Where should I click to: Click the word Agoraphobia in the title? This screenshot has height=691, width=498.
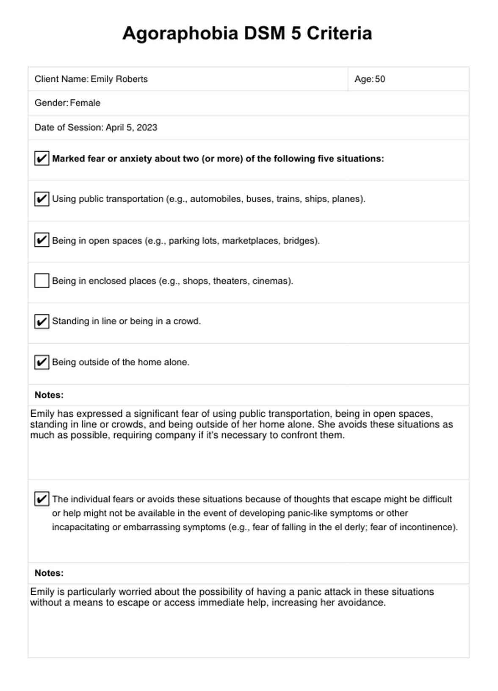pos(180,33)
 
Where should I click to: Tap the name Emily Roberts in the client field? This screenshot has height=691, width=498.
pos(119,79)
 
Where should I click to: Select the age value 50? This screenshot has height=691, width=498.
pos(380,79)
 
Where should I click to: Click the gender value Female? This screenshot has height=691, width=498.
pos(85,103)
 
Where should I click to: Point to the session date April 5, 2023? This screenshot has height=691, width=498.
pos(131,128)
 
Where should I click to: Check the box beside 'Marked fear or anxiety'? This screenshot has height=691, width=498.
pos(41,159)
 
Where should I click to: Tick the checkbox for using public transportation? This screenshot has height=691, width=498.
pos(41,199)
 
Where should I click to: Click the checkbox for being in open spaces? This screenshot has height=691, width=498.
pos(41,240)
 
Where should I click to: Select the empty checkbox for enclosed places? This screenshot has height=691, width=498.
pos(41,281)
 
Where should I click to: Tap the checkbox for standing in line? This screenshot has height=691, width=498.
pos(41,321)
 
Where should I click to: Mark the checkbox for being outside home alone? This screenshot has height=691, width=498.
pos(41,362)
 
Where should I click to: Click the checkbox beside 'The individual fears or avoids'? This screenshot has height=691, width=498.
pos(41,499)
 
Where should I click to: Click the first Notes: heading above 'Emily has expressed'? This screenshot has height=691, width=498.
pos(49,395)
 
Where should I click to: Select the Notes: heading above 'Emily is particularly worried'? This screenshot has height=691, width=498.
pos(49,573)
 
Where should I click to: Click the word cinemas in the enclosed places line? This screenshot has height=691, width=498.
pos(271,281)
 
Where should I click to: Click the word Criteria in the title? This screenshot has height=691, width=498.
pos(339,33)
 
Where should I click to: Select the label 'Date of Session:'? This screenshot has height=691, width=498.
pos(69,128)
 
